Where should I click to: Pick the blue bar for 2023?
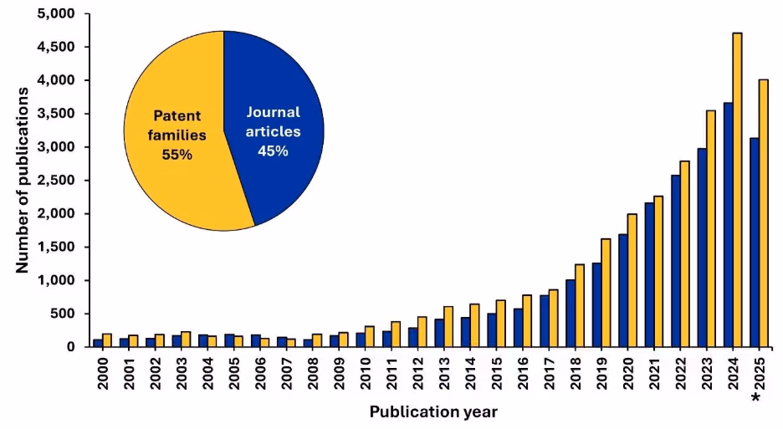coord(701,248)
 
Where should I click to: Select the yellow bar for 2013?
coord(449,326)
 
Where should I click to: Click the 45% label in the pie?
coord(273,151)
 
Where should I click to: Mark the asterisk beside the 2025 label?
coord(756,397)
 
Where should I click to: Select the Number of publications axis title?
coord(23,179)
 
